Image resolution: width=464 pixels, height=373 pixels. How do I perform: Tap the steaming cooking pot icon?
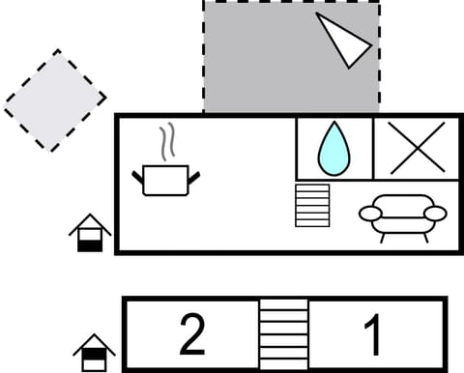pyautogui.click(x=165, y=177)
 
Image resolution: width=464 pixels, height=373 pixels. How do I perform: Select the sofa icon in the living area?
pyautogui.click(x=402, y=215)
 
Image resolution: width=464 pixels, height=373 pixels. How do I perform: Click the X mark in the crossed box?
pyautogui.click(x=417, y=148)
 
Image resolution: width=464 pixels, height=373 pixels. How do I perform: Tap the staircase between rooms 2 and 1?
pyautogui.click(x=283, y=334)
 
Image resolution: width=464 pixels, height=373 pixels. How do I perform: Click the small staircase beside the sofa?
pyautogui.click(x=312, y=205)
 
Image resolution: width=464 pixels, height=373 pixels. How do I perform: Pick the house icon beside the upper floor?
pyautogui.click(x=90, y=233)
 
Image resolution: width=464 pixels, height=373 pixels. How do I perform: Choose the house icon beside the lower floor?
pyautogui.click(x=94, y=353)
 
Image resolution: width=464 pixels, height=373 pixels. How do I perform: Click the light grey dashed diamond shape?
pyautogui.click(x=54, y=100)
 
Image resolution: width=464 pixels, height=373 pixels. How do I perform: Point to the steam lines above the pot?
pyautogui.click(x=168, y=141)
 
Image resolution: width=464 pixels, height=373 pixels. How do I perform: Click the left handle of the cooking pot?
pyautogui.click(x=137, y=176)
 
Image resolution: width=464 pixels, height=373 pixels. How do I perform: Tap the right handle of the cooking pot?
pyautogui.click(x=194, y=177)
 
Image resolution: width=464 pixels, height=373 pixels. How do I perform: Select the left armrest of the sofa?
pyautogui.click(x=370, y=214)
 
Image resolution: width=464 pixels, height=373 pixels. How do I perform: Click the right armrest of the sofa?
pyautogui.click(x=435, y=214)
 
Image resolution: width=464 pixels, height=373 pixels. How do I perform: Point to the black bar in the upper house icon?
pyautogui.click(x=90, y=244)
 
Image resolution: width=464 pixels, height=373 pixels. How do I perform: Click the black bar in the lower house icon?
pyautogui.click(x=94, y=364)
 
